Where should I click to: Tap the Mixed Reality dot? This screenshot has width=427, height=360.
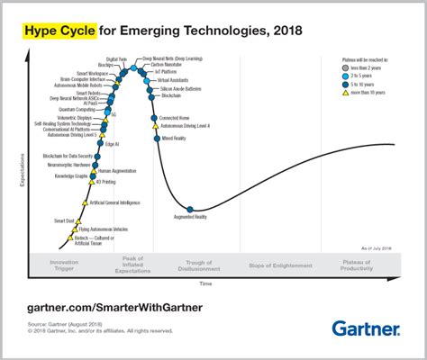click(156, 139)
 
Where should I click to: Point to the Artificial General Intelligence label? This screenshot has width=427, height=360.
click(116, 203)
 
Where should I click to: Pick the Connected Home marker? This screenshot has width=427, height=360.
click(154, 118)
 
